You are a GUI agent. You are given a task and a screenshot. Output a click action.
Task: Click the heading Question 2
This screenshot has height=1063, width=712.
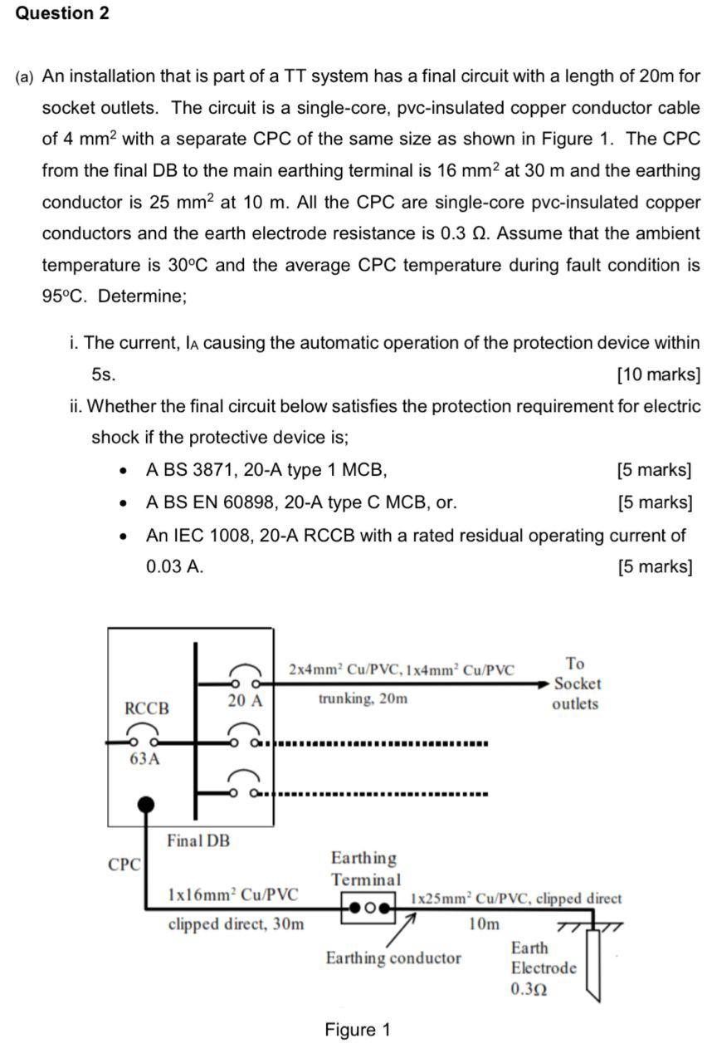[x=62, y=14]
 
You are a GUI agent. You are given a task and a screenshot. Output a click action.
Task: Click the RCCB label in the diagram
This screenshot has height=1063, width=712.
[x=147, y=708]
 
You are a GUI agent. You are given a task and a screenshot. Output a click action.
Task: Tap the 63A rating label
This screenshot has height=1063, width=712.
[x=144, y=758]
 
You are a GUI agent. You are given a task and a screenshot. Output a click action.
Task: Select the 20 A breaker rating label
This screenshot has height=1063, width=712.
[x=245, y=700]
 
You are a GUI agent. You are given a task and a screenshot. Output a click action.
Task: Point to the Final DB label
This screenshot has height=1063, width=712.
[x=198, y=840]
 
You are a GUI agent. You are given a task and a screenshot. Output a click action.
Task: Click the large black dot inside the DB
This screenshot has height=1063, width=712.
[x=146, y=804]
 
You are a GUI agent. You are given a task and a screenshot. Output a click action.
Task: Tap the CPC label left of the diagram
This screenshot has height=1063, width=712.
[x=124, y=865]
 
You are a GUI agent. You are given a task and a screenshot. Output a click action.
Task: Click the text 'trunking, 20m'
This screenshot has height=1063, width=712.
[x=363, y=698]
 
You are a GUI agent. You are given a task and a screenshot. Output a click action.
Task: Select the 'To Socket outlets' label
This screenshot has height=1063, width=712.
[x=575, y=683]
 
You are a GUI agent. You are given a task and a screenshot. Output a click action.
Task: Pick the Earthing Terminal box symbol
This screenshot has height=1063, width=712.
[x=366, y=907]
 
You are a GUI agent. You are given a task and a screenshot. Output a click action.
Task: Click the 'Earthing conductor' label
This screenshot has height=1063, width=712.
[x=393, y=958]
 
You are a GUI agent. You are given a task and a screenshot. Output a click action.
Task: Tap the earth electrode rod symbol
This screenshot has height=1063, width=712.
[x=592, y=963]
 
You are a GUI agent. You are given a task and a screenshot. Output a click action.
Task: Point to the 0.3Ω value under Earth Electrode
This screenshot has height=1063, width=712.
[x=529, y=989]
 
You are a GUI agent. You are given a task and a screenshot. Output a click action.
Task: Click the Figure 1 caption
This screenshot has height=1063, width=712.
[x=357, y=1031]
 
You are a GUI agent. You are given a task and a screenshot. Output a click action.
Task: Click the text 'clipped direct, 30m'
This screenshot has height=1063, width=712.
[x=236, y=923]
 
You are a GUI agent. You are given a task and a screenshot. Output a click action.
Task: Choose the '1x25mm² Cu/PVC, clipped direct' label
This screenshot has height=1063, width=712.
[x=516, y=899]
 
